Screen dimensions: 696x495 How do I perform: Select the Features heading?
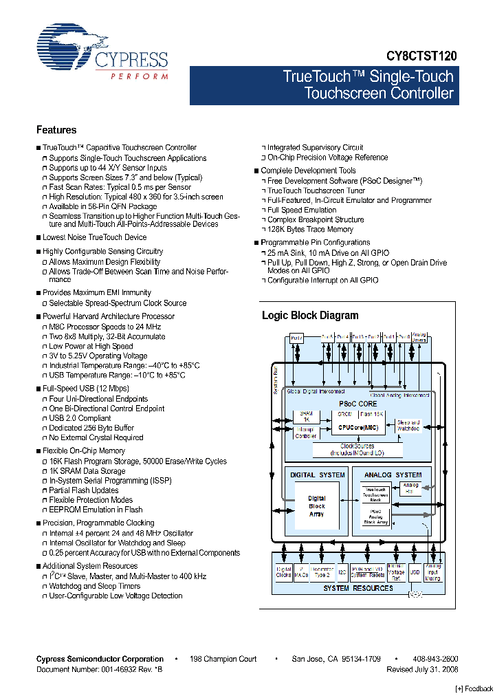[56, 130]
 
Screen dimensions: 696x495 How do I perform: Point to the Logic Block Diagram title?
[310, 316]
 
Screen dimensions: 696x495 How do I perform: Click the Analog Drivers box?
[419, 338]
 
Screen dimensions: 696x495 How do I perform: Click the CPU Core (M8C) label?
[357, 428]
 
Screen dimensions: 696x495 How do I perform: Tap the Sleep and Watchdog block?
[408, 425]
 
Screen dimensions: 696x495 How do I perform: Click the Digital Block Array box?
[316, 506]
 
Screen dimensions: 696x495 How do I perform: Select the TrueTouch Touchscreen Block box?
[375, 494]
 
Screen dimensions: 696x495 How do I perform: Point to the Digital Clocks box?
[283, 572]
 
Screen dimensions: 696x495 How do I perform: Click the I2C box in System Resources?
[342, 572]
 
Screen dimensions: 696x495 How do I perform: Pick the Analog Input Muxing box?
[433, 572]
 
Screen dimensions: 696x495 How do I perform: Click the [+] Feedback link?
[474, 688]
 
